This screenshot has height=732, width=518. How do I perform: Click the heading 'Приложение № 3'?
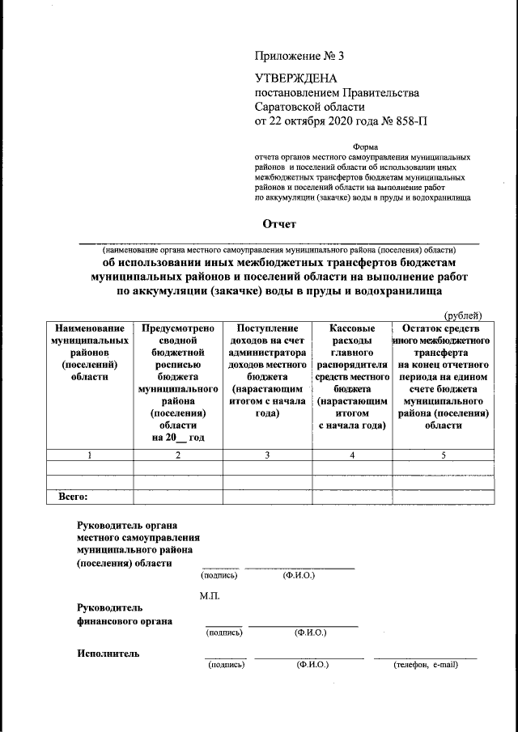coord(299,57)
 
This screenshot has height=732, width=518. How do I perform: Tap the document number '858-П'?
coord(409,121)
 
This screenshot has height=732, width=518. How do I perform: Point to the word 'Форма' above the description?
coord(365,146)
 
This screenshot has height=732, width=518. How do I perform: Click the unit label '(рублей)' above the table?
coord(461,315)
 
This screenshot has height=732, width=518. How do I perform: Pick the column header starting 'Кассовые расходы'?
coord(352,376)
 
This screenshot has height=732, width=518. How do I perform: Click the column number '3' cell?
coord(267,455)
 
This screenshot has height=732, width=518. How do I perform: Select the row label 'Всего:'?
coord(73,497)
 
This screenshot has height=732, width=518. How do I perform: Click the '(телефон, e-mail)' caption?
coord(426,665)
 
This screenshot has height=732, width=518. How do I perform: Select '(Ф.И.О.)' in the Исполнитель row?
coord(311,665)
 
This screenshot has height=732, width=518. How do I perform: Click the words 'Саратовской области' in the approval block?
coord(310,107)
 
